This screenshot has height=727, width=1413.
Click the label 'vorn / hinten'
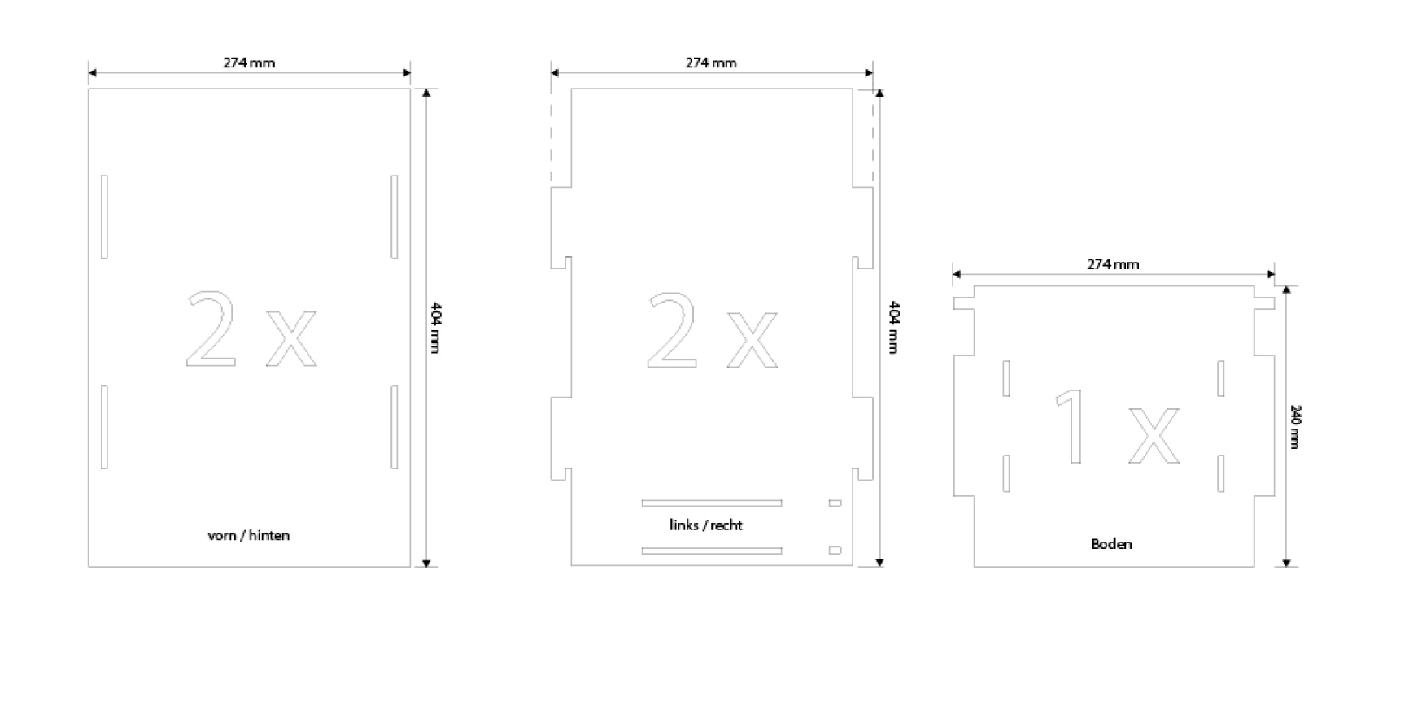tap(248, 535)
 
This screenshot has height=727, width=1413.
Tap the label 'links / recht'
tap(706, 525)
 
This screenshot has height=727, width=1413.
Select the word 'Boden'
tap(1111, 544)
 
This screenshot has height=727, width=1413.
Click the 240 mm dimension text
tap(1295, 426)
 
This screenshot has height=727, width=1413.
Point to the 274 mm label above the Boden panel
tap(1113, 264)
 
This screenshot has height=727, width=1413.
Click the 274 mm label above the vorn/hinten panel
tap(249, 63)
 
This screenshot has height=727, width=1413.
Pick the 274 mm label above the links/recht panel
tap(711, 63)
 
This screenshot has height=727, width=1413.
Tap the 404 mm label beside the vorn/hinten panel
tap(435, 327)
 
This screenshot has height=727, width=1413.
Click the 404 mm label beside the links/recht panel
tap(893, 327)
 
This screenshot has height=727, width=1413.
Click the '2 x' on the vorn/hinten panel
tap(251, 329)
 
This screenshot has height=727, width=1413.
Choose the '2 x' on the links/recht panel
tap(713, 329)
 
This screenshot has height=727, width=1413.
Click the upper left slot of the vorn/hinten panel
tap(104, 217)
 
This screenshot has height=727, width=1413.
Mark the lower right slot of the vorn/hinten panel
tap(395, 427)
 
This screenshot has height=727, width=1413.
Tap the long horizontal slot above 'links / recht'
tap(712, 503)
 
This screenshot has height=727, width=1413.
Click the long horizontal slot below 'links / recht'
tap(712, 551)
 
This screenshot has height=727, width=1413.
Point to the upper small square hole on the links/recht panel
tap(835, 503)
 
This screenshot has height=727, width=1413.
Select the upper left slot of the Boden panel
tap(1006, 378)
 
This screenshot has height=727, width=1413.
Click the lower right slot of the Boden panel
tap(1220, 473)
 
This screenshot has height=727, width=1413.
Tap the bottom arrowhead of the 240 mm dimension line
tap(1286, 562)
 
